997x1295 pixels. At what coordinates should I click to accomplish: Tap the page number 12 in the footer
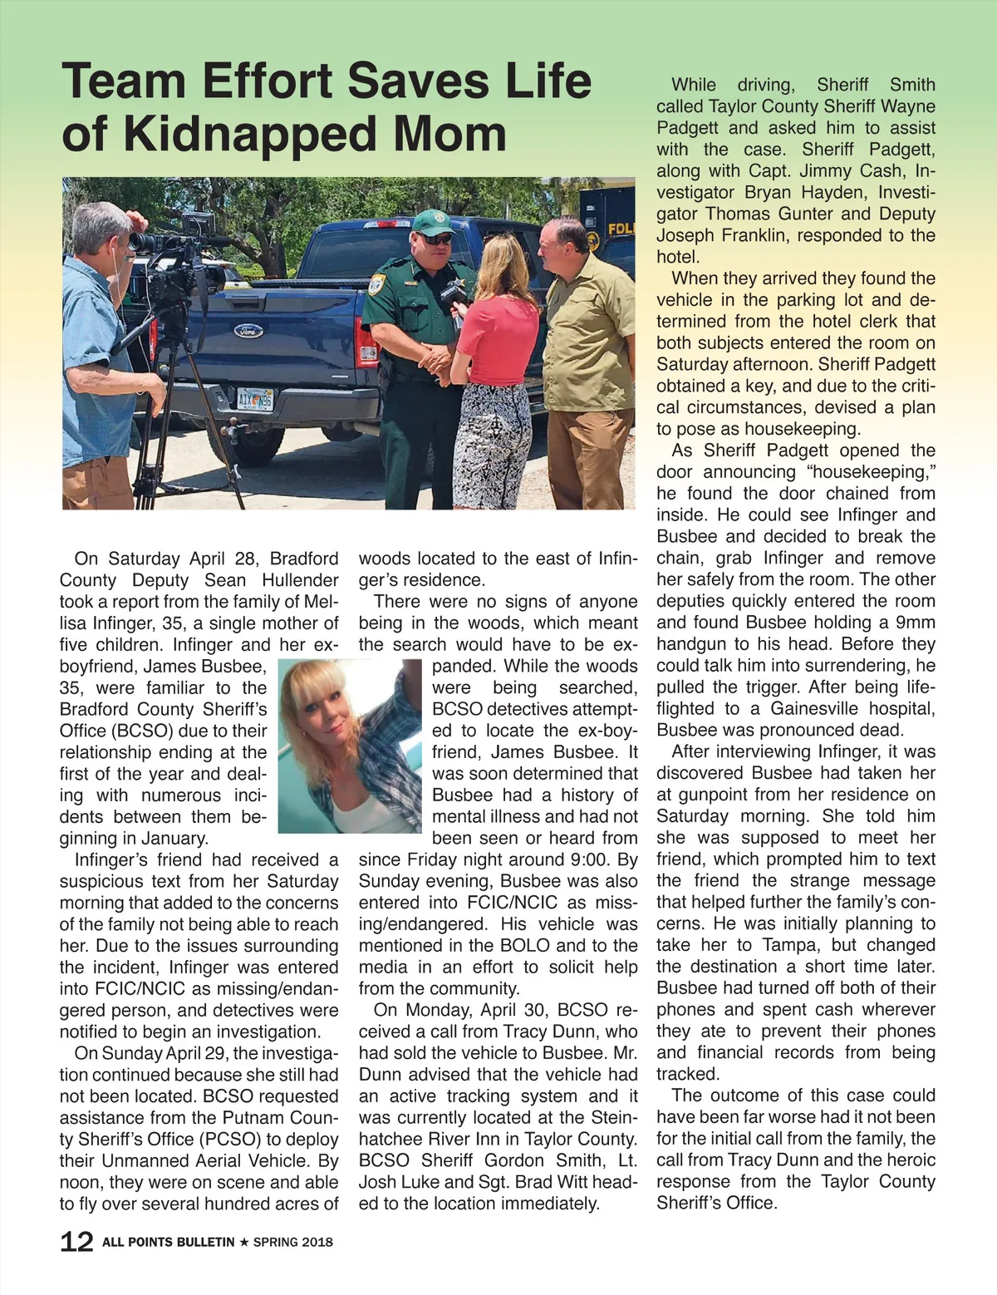tap(76, 1242)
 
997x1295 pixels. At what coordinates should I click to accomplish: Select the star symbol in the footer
tap(243, 1242)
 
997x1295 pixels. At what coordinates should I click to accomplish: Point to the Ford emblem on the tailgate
tap(247, 331)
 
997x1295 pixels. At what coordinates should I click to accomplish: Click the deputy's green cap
tap(431, 222)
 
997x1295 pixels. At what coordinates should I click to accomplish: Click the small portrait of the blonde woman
tap(350, 746)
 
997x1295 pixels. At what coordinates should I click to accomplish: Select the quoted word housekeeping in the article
tap(862, 472)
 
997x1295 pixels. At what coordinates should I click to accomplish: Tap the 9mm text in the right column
tap(916, 623)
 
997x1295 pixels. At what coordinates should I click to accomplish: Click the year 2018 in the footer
tap(318, 1242)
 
